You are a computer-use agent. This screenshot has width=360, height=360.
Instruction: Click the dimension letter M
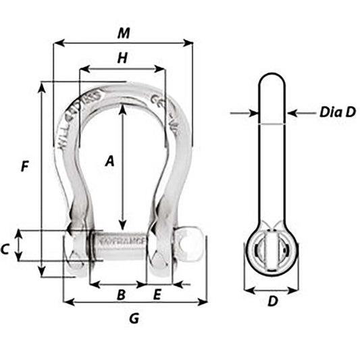pyautogui.click(x=122, y=32)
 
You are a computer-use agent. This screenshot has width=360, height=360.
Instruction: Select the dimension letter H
pyautogui.click(x=122, y=58)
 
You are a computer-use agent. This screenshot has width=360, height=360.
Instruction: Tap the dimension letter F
pyautogui.click(x=25, y=166)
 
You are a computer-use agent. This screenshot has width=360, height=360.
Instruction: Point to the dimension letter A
pyautogui.click(x=109, y=160)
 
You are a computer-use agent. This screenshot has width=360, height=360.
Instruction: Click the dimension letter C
pyautogui.click(x=5, y=249)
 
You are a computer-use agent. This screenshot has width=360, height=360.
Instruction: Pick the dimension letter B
pyautogui.click(x=121, y=294)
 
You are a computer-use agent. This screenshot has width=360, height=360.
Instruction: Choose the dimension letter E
pyautogui.click(x=157, y=294)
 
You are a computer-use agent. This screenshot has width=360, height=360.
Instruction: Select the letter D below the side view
pyautogui.click(x=272, y=302)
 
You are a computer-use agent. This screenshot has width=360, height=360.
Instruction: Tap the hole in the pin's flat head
pyautogui.click(x=194, y=238)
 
